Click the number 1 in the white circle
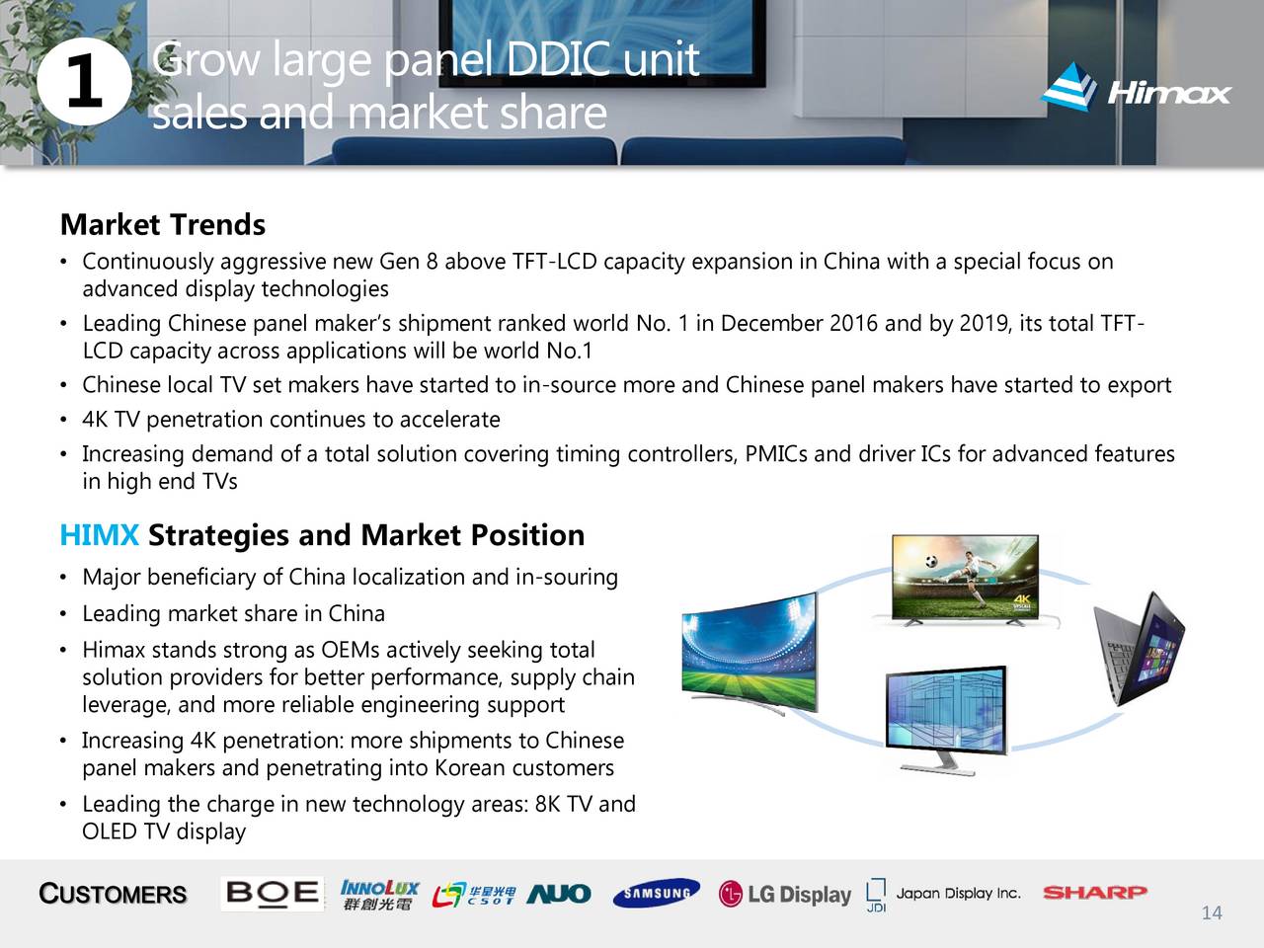click(x=85, y=82)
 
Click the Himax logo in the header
click(x=1136, y=88)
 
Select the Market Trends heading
click(x=163, y=224)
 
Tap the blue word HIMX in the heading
click(x=99, y=534)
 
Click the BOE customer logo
click(x=272, y=894)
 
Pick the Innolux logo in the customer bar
click(x=379, y=895)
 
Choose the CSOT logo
click(x=474, y=895)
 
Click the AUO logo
click(x=559, y=894)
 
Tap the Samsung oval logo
click(x=657, y=893)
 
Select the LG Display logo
click(x=785, y=895)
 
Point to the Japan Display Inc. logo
click(x=944, y=895)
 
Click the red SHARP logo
click(x=1095, y=893)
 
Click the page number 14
click(x=1212, y=912)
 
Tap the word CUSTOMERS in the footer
click(x=113, y=894)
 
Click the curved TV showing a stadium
click(x=750, y=654)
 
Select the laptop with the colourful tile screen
click(x=1139, y=649)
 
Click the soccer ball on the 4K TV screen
click(x=931, y=561)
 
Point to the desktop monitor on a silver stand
click(x=946, y=720)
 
